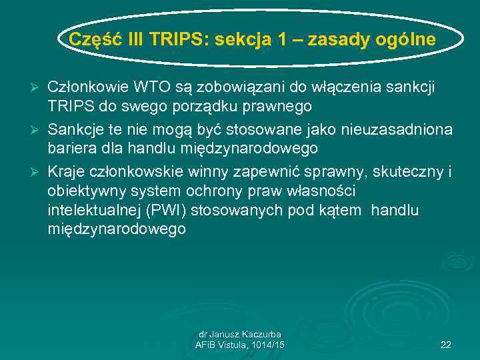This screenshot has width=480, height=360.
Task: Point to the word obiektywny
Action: click(x=83, y=191)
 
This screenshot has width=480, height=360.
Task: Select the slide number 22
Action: click(x=446, y=345)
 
